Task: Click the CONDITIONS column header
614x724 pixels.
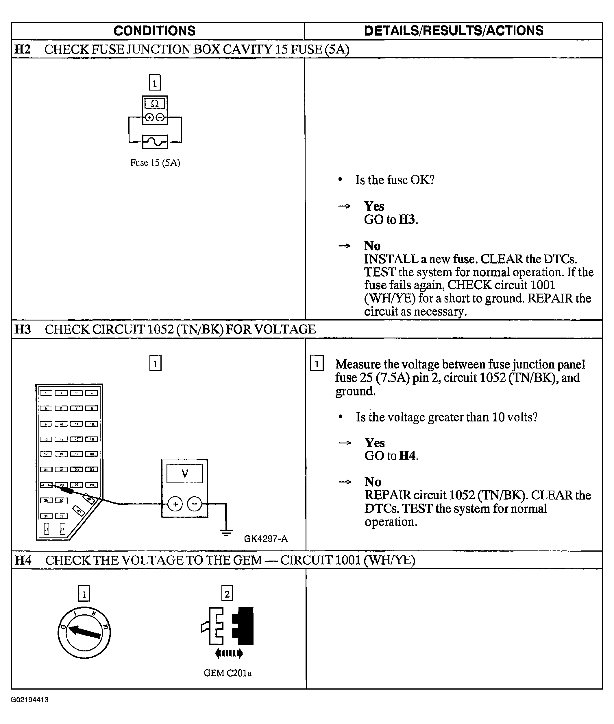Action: click(x=155, y=31)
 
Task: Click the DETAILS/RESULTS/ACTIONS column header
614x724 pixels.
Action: click(x=453, y=31)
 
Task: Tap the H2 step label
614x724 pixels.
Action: click(x=22, y=49)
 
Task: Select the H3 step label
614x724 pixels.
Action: click(x=23, y=329)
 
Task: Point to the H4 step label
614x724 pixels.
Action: click(x=23, y=560)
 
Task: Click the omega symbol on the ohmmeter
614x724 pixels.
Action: click(x=155, y=104)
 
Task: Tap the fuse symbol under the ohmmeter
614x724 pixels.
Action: click(x=155, y=141)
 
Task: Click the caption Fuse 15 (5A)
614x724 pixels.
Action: click(x=155, y=163)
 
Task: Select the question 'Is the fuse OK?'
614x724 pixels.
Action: click(x=395, y=180)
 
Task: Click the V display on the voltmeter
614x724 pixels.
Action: click(x=184, y=473)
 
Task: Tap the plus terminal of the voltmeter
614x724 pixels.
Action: click(x=175, y=504)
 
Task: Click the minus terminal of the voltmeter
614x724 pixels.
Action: click(x=195, y=504)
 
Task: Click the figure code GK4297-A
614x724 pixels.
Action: click(x=266, y=539)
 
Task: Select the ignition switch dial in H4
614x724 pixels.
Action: click(x=84, y=633)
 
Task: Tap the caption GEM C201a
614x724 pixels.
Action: click(x=227, y=673)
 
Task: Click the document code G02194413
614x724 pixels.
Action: click(x=29, y=700)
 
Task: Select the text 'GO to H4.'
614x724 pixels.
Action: click(x=391, y=456)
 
